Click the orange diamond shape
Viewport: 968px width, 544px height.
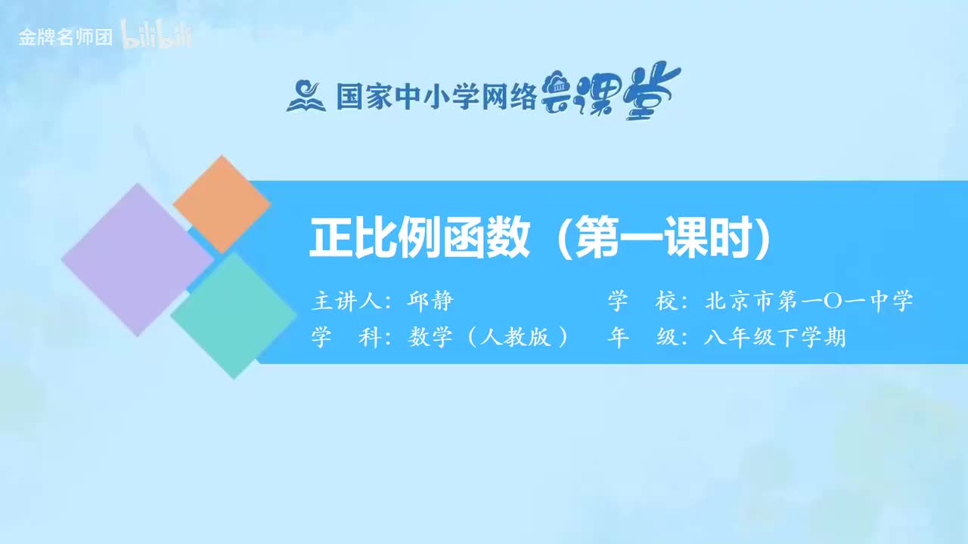[x=222, y=204]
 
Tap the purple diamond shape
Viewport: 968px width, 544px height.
[x=137, y=259]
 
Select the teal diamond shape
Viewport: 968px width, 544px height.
[x=234, y=315]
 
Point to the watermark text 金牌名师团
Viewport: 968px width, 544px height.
[x=65, y=37]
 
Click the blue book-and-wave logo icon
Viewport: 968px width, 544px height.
[x=306, y=96]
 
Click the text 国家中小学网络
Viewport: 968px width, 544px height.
[x=436, y=96]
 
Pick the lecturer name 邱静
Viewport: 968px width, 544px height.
[x=430, y=301]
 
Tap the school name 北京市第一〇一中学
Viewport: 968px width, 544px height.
[x=808, y=301]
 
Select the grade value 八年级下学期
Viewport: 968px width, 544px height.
[x=774, y=337]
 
